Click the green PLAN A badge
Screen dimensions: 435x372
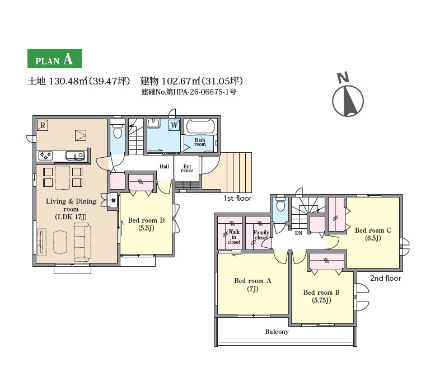(x=54, y=59)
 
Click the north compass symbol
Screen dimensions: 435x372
(x=348, y=100)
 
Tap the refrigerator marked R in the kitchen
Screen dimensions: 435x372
(x=43, y=125)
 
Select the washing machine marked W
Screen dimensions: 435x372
(x=174, y=125)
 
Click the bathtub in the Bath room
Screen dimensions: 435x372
(x=200, y=126)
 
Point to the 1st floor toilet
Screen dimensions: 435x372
(x=118, y=130)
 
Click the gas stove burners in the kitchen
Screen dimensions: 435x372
(x=45, y=155)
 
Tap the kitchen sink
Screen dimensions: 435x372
(x=75, y=156)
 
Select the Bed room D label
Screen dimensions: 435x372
(x=146, y=224)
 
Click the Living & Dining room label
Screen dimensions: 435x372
(x=71, y=209)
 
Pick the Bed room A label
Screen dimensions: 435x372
(x=252, y=285)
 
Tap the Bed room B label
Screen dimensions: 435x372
(x=321, y=296)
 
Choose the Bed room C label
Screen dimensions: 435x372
(x=373, y=234)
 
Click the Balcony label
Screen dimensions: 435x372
(x=277, y=332)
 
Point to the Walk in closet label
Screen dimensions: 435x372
(x=234, y=237)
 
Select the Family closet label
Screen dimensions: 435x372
(x=261, y=235)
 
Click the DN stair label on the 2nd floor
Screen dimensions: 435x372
(x=298, y=233)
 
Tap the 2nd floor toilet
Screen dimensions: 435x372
(x=280, y=205)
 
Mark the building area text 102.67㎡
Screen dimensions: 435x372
(x=181, y=81)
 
